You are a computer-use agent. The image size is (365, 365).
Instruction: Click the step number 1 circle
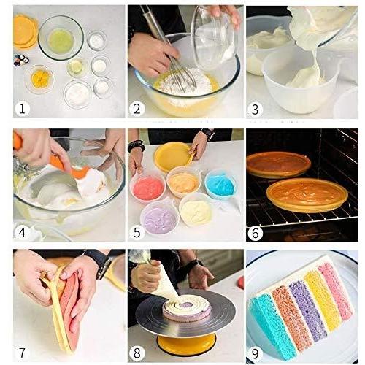(23, 109)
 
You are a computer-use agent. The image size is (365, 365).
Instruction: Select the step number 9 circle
(255, 353)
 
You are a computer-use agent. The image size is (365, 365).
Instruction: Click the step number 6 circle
(255, 231)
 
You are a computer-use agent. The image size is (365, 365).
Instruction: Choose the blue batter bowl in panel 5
(220, 184)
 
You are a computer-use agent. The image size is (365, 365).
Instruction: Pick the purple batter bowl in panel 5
(159, 217)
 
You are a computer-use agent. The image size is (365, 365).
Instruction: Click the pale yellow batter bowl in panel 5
(196, 211)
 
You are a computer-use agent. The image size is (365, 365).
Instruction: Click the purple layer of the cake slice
(307, 310)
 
